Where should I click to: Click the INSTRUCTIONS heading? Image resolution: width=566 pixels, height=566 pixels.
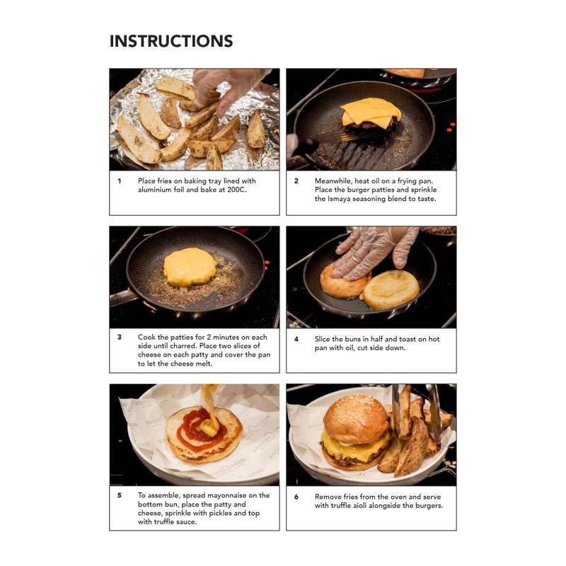tap(171, 41)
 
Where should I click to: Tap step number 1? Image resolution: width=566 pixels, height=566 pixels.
tap(120, 181)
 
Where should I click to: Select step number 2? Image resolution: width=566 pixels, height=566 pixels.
tap(296, 181)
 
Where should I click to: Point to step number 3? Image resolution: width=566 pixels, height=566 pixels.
tap(120, 337)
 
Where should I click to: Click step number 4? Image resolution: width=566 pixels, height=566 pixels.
tap(296, 339)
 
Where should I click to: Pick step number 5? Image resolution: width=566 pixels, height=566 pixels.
tap(120, 495)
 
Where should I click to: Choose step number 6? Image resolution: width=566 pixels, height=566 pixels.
tap(296, 497)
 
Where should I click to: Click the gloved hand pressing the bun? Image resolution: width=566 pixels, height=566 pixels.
tap(374, 251)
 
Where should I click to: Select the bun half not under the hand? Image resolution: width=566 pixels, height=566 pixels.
tap(391, 290)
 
